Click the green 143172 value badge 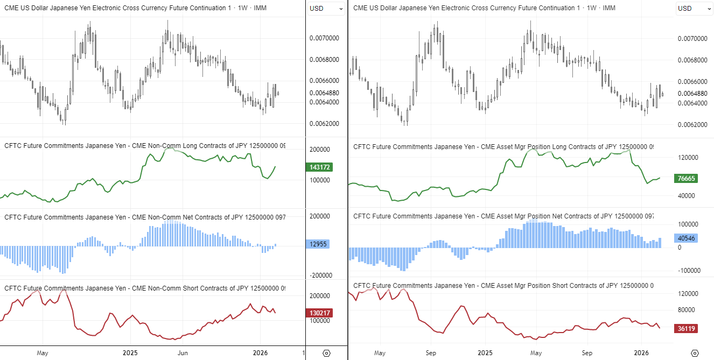pos(319,167)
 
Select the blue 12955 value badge pos(319,244)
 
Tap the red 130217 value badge pos(319,313)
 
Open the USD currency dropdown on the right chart pos(691,8)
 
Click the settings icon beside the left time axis pos(326,353)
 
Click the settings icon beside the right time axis pos(694,353)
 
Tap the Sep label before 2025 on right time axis pos(431,353)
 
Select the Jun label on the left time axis pos(183,353)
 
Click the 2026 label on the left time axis pos(260,353)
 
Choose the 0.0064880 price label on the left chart pos(324,93)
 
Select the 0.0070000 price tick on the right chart pos(691,39)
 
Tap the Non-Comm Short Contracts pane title pos(145,288)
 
